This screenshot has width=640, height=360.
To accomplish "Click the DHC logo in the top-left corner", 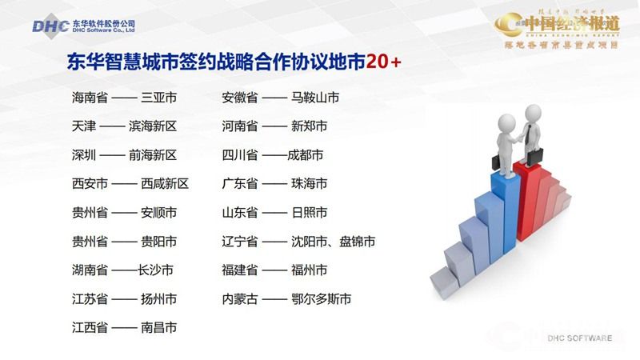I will click(x=50, y=26).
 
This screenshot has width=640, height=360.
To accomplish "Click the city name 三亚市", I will click(x=158, y=98).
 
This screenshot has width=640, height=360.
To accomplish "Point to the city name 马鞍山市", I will click(x=315, y=98).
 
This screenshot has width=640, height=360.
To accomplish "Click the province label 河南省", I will click(x=239, y=126).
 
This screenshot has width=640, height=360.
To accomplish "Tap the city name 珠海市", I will click(x=309, y=184).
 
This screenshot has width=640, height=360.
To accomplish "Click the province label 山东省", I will click(x=239, y=213).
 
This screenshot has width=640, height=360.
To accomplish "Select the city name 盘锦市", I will click(x=357, y=242).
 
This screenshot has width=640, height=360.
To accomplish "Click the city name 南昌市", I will click(x=158, y=328).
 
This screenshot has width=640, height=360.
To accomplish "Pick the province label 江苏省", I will click(x=90, y=299).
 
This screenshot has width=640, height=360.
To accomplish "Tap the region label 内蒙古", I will click(x=239, y=299).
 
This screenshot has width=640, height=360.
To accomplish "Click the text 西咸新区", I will click(x=165, y=184).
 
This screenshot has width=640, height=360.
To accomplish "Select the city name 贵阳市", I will click(x=158, y=242).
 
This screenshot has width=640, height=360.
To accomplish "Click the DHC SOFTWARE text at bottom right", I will click(x=579, y=338).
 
